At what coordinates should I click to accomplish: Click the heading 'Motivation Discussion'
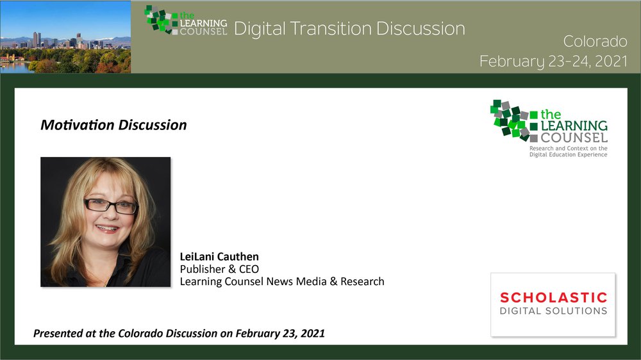(113, 125)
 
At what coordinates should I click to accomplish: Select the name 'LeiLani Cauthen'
(219, 257)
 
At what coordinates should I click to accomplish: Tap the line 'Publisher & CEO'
(219, 269)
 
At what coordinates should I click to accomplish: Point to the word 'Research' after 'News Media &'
(362, 281)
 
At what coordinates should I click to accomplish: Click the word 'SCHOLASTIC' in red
(554, 297)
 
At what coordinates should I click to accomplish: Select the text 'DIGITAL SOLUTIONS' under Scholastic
(554, 311)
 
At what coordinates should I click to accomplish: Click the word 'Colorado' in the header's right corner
(595, 41)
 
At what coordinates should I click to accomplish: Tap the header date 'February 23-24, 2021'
(554, 61)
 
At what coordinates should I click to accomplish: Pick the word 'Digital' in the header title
(260, 29)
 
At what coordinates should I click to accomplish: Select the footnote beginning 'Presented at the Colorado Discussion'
(179, 334)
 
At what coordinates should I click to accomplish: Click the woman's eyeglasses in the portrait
(111, 206)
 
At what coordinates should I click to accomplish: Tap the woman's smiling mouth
(107, 229)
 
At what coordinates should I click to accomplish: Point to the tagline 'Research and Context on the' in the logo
(568, 149)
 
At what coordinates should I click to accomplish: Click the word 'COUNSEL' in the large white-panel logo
(574, 138)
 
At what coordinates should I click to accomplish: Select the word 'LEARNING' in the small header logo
(204, 23)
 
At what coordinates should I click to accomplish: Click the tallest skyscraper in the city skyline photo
(35, 40)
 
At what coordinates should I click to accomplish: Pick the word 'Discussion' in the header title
(420, 29)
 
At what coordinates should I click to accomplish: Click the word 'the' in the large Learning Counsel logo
(551, 115)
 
